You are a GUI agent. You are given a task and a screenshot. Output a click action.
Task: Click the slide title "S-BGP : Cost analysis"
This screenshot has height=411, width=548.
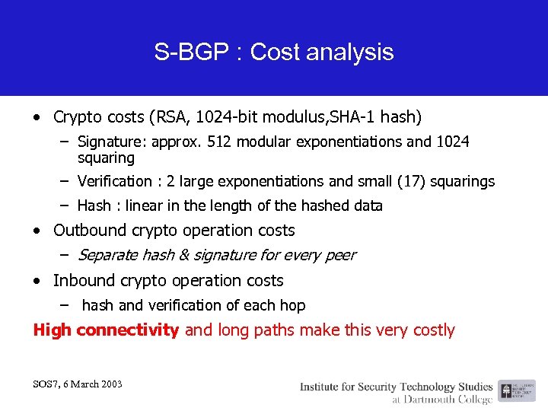point(274,52)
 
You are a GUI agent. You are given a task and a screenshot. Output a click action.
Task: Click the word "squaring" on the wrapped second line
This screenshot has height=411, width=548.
point(106,158)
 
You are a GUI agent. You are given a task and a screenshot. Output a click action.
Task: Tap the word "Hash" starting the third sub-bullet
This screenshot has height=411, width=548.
point(94,205)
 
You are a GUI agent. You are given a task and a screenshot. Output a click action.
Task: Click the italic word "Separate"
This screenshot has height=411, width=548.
point(107,255)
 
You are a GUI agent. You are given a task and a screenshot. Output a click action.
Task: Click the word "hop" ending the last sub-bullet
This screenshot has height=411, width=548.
point(292,305)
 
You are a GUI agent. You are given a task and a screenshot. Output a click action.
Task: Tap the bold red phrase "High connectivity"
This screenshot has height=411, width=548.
point(106,330)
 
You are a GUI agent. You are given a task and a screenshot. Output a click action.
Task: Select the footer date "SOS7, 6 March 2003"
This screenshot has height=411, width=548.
point(78,384)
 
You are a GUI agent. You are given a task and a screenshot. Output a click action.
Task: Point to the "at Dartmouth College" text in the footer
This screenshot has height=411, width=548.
point(443,399)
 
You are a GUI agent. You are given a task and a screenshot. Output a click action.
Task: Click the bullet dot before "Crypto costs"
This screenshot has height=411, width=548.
point(38,118)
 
